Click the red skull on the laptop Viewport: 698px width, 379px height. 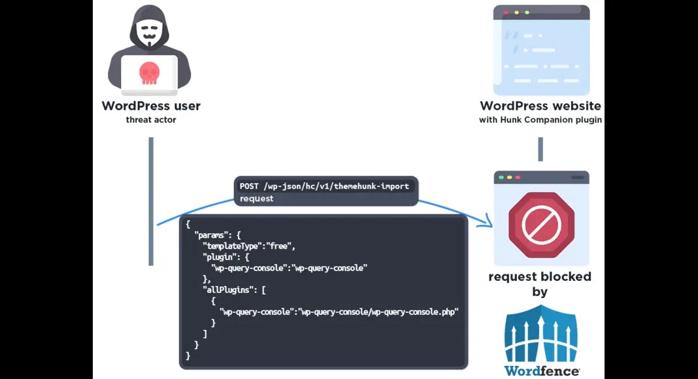click(150, 73)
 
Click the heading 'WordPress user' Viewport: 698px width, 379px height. click(151, 106)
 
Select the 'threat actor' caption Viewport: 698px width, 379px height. click(151, 120)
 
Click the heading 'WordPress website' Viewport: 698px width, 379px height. click(540, 106)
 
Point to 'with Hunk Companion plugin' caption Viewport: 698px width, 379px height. click(540, 120)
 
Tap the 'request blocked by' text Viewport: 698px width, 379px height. click(540, 284)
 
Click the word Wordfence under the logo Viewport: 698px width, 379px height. click(542, 371)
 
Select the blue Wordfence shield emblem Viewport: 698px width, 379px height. click(541, 333)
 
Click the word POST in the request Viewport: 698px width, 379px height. click(249, 186)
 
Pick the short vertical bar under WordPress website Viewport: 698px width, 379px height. click(540, 149)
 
